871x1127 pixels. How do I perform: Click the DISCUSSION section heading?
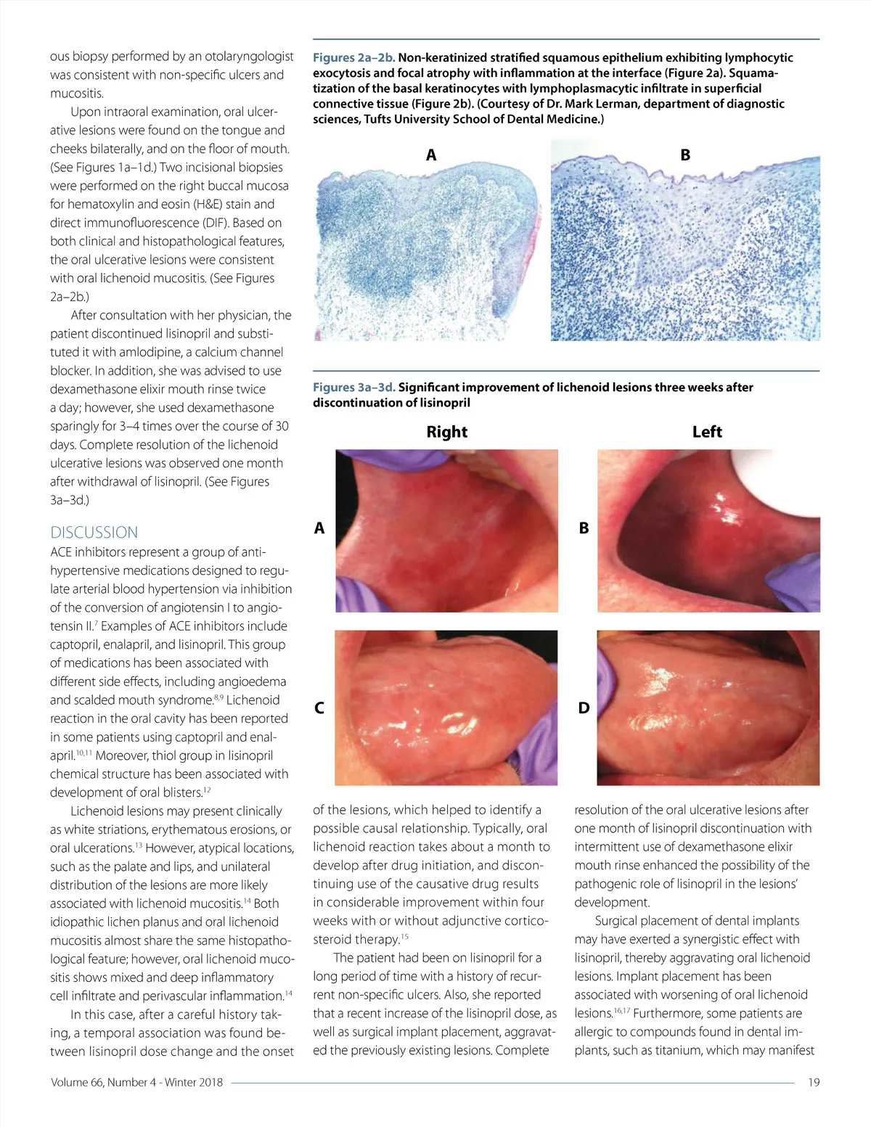tap(94, 532)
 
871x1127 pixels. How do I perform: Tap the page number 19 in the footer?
tap(814, 1082)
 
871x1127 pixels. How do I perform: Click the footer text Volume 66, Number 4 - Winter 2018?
tap(136, 1082)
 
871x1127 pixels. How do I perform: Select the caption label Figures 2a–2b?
tap(353, 57)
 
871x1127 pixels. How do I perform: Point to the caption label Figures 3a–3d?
tap(353, 387)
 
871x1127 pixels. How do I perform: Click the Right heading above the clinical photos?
tap(446, 432)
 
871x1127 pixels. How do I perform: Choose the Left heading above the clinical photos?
tap(707, 432)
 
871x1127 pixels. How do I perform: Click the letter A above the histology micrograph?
tap(431, 155)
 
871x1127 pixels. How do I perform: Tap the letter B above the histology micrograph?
tap(685, 155)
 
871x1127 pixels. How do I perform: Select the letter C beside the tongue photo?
tap(319, 708)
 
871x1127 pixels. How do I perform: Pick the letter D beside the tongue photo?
tap(584, 708)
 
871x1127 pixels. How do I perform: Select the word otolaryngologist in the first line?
tap(250, 56)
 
